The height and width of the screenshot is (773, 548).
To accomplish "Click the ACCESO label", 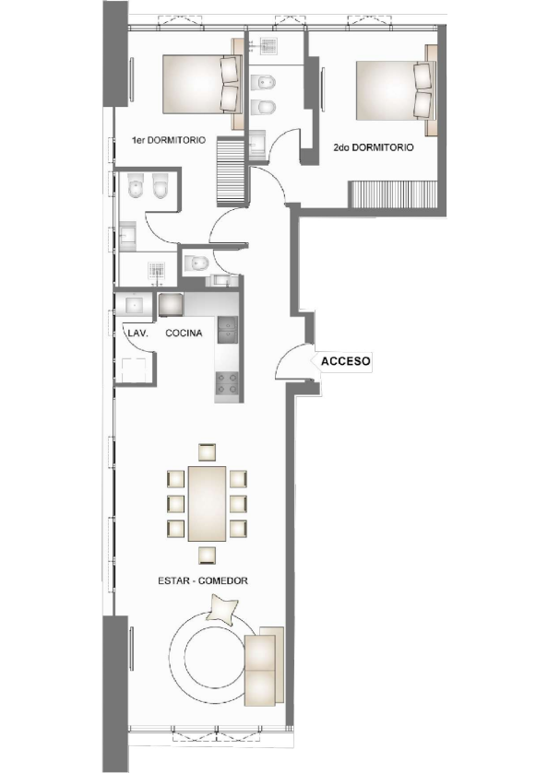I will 346,362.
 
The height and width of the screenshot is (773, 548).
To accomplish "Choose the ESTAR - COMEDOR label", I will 203,581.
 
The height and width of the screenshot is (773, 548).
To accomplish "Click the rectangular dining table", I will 207,503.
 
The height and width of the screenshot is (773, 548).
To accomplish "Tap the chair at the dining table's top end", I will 207,451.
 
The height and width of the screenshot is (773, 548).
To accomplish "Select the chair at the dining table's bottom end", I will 207,554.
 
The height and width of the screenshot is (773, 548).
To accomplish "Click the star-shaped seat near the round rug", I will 224,609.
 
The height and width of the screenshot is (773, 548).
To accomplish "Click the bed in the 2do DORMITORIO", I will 393,90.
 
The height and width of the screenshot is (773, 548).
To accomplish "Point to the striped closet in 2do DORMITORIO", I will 399,194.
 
